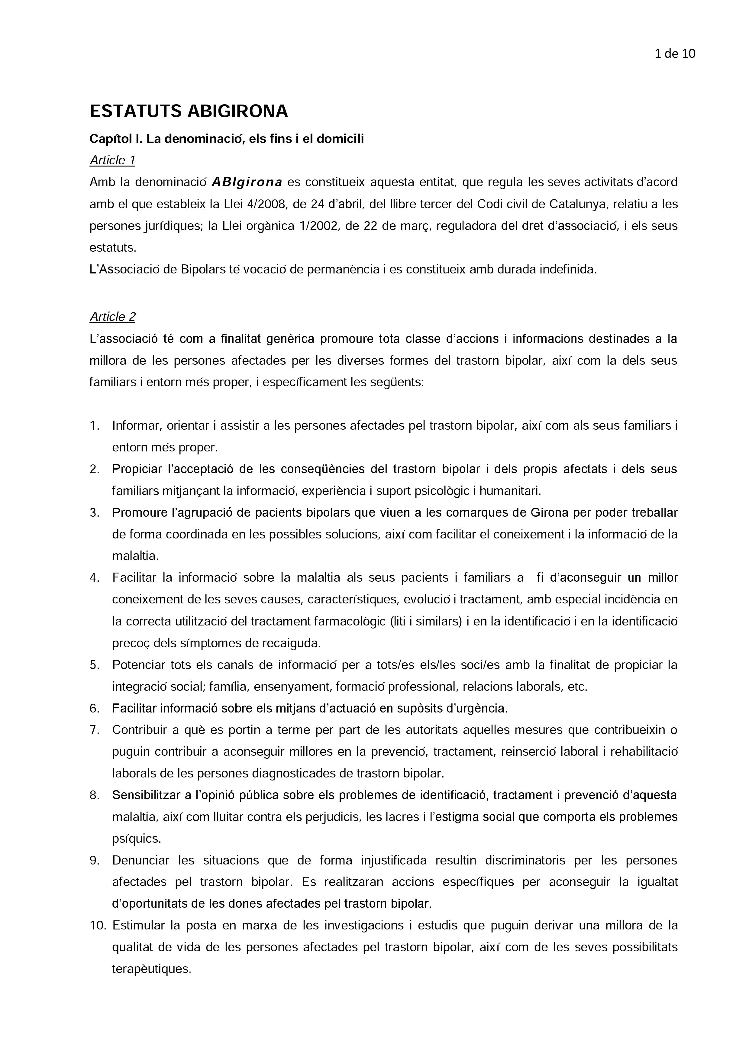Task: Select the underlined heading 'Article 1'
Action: click(x=112, y=160)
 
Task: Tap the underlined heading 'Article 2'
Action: click(x=112, y=317)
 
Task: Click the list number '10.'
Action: click(x=98, y=925)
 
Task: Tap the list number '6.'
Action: click(x=95, y=708)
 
